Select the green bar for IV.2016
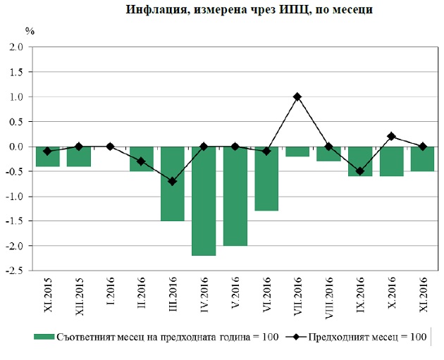[204, 201]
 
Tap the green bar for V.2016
[235, 196]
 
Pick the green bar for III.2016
[172, 183]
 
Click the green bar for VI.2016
[266, 178]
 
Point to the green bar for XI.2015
[47, 156]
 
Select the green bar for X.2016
[391, 161]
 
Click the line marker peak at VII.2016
[297, 97]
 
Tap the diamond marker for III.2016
[172, 181]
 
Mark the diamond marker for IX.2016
[360, 171]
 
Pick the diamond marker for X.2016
[391, 137]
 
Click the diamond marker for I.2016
[110, 147]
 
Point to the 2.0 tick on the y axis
[16, 47]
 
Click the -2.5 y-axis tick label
[14, 271]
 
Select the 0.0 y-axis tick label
[16, 147]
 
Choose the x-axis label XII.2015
[79, 299]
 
